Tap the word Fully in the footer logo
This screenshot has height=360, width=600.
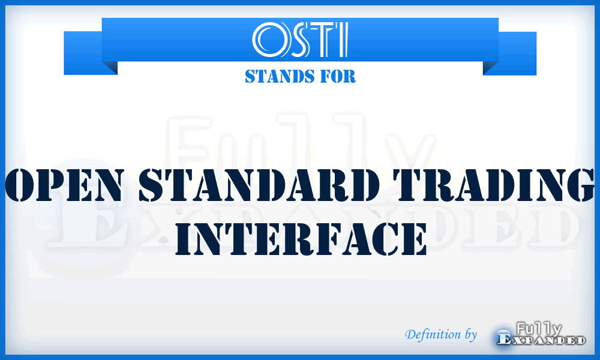tap(538, 328)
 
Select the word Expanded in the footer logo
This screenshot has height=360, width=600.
tap(541, 341)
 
